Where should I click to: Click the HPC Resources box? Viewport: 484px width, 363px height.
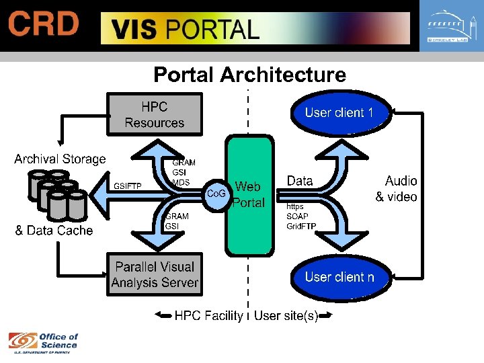154,115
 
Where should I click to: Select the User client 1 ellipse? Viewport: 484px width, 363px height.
339,113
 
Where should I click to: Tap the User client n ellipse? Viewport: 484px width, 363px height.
339,277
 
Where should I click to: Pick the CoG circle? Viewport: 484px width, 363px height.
216,194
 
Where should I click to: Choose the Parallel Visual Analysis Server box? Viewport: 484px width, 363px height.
155,274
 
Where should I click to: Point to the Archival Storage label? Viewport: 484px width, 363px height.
60,159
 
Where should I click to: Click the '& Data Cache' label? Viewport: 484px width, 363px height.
54,231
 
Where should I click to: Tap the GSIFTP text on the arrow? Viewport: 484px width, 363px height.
128,186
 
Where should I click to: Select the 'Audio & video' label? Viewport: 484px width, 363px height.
397,189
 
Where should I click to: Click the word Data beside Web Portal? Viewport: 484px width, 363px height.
300,181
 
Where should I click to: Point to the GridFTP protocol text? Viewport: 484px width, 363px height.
301,226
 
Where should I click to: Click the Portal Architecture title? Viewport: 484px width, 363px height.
249,75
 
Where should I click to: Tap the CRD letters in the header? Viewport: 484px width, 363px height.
44,25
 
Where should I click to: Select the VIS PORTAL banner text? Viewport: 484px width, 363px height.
185,30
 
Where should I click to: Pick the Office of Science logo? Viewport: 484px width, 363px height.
43,342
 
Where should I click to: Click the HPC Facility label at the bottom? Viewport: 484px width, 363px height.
208,315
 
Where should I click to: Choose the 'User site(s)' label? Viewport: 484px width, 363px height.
286,315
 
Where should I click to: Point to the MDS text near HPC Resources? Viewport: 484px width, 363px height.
181,182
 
